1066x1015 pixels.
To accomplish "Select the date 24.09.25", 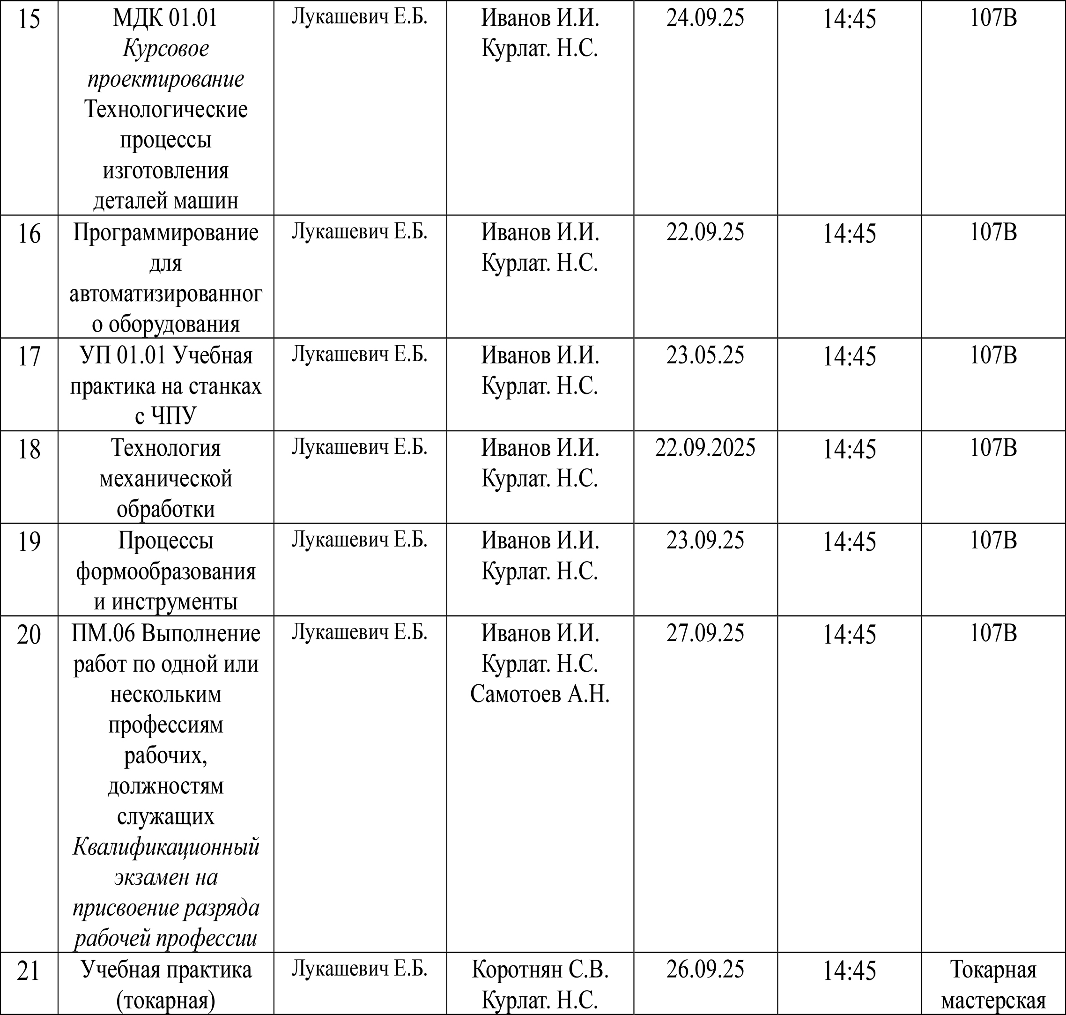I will click(x=705, y=18).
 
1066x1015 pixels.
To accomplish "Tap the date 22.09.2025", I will click(x=705, y=448).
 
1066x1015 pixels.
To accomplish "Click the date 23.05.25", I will click(x=705, y=356).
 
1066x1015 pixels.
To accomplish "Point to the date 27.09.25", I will click(x=705, y=633).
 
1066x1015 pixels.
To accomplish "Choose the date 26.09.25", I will click(x=705, y=969).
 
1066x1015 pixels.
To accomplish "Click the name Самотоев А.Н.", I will click(x=540, y=694).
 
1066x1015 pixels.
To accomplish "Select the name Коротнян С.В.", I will click(x=540, y=970).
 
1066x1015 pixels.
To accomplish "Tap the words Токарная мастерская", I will click(x=993, y=985).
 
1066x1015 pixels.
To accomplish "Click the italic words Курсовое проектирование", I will click(x=166, y=64).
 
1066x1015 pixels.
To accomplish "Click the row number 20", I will click(x=29, y=635).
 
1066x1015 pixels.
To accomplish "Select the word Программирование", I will click(x=166, y=233).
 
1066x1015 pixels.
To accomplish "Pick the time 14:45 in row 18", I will click(x=849, y=449).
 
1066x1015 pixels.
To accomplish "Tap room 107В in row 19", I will click(x=993, y=541).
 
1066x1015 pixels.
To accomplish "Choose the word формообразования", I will click(x=166, y=571).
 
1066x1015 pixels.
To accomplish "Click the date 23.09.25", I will click(x=705, y=541).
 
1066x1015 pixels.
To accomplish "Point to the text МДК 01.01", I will click(x=166, y=18).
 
